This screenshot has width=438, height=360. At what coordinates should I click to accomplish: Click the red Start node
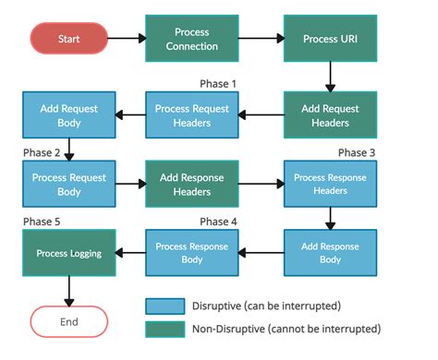(69, 39)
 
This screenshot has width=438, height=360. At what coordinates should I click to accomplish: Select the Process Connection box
(192, 39)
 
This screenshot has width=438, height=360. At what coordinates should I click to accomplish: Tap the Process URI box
(330, 39)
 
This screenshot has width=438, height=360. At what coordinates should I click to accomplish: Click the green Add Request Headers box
(330, 114)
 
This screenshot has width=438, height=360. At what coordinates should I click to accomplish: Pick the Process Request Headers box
(192, 114)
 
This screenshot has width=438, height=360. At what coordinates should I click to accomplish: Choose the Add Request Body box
(69, 114)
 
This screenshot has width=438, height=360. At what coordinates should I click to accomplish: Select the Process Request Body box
(69, 184)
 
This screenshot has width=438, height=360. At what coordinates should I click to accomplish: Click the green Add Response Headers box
(192, 184)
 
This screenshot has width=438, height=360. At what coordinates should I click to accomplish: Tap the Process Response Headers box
(330, 184)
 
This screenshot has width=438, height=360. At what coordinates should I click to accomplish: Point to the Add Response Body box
(330, 252)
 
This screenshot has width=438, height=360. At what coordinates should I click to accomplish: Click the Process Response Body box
(192, 252)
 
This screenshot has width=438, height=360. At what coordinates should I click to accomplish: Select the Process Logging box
(69, 252)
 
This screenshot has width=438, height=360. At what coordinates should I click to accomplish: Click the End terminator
(69, 322)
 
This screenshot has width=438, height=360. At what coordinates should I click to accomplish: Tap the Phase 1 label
(218, 84)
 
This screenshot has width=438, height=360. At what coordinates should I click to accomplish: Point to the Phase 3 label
(357, 152)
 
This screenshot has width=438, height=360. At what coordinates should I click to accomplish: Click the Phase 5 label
(43, 222)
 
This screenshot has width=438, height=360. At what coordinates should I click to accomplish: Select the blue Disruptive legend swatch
(164, 306)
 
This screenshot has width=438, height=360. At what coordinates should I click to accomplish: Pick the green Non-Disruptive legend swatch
(164, 328)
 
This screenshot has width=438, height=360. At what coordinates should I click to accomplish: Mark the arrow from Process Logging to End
(69, 291)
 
